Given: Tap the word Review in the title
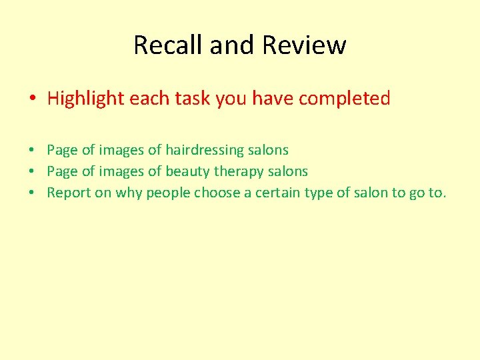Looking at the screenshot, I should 305,45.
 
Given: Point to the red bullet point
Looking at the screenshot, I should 32,99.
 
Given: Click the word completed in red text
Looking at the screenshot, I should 344,99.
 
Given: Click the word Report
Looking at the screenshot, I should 69,193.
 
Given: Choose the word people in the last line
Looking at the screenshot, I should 169,193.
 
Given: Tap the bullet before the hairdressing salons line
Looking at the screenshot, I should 33,151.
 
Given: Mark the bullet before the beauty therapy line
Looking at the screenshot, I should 33,172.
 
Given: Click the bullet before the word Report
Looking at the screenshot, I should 33,193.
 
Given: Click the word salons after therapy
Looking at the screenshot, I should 289,171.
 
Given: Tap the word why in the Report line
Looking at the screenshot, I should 129,193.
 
